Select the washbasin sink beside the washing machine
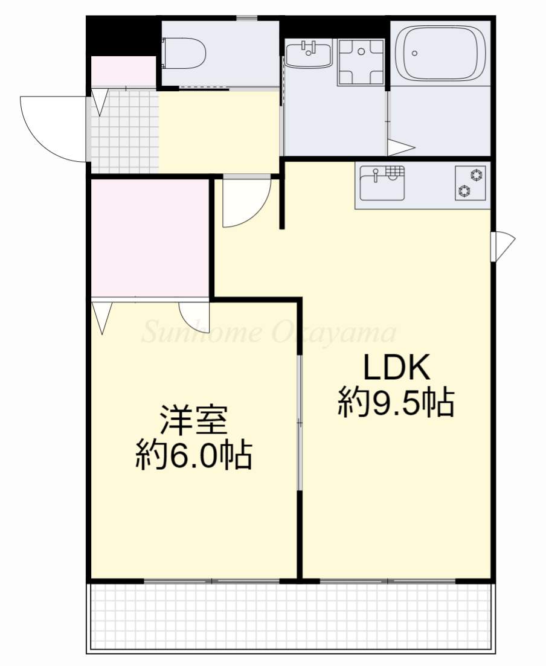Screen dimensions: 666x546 tap(308, 55)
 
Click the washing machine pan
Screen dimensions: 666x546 tap(361, 62)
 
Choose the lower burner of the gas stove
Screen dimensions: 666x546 tap(464, 191)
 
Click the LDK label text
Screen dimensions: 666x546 tap(396, 367)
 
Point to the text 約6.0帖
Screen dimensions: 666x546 tap(193, 456)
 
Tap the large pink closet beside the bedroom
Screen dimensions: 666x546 tap(150, 237)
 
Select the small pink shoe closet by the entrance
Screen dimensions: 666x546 tap(123, 72)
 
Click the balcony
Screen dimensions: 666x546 tap(290, 616)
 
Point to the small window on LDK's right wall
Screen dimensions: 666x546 tap(501, 246)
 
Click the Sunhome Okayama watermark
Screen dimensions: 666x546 tap(269, 333)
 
